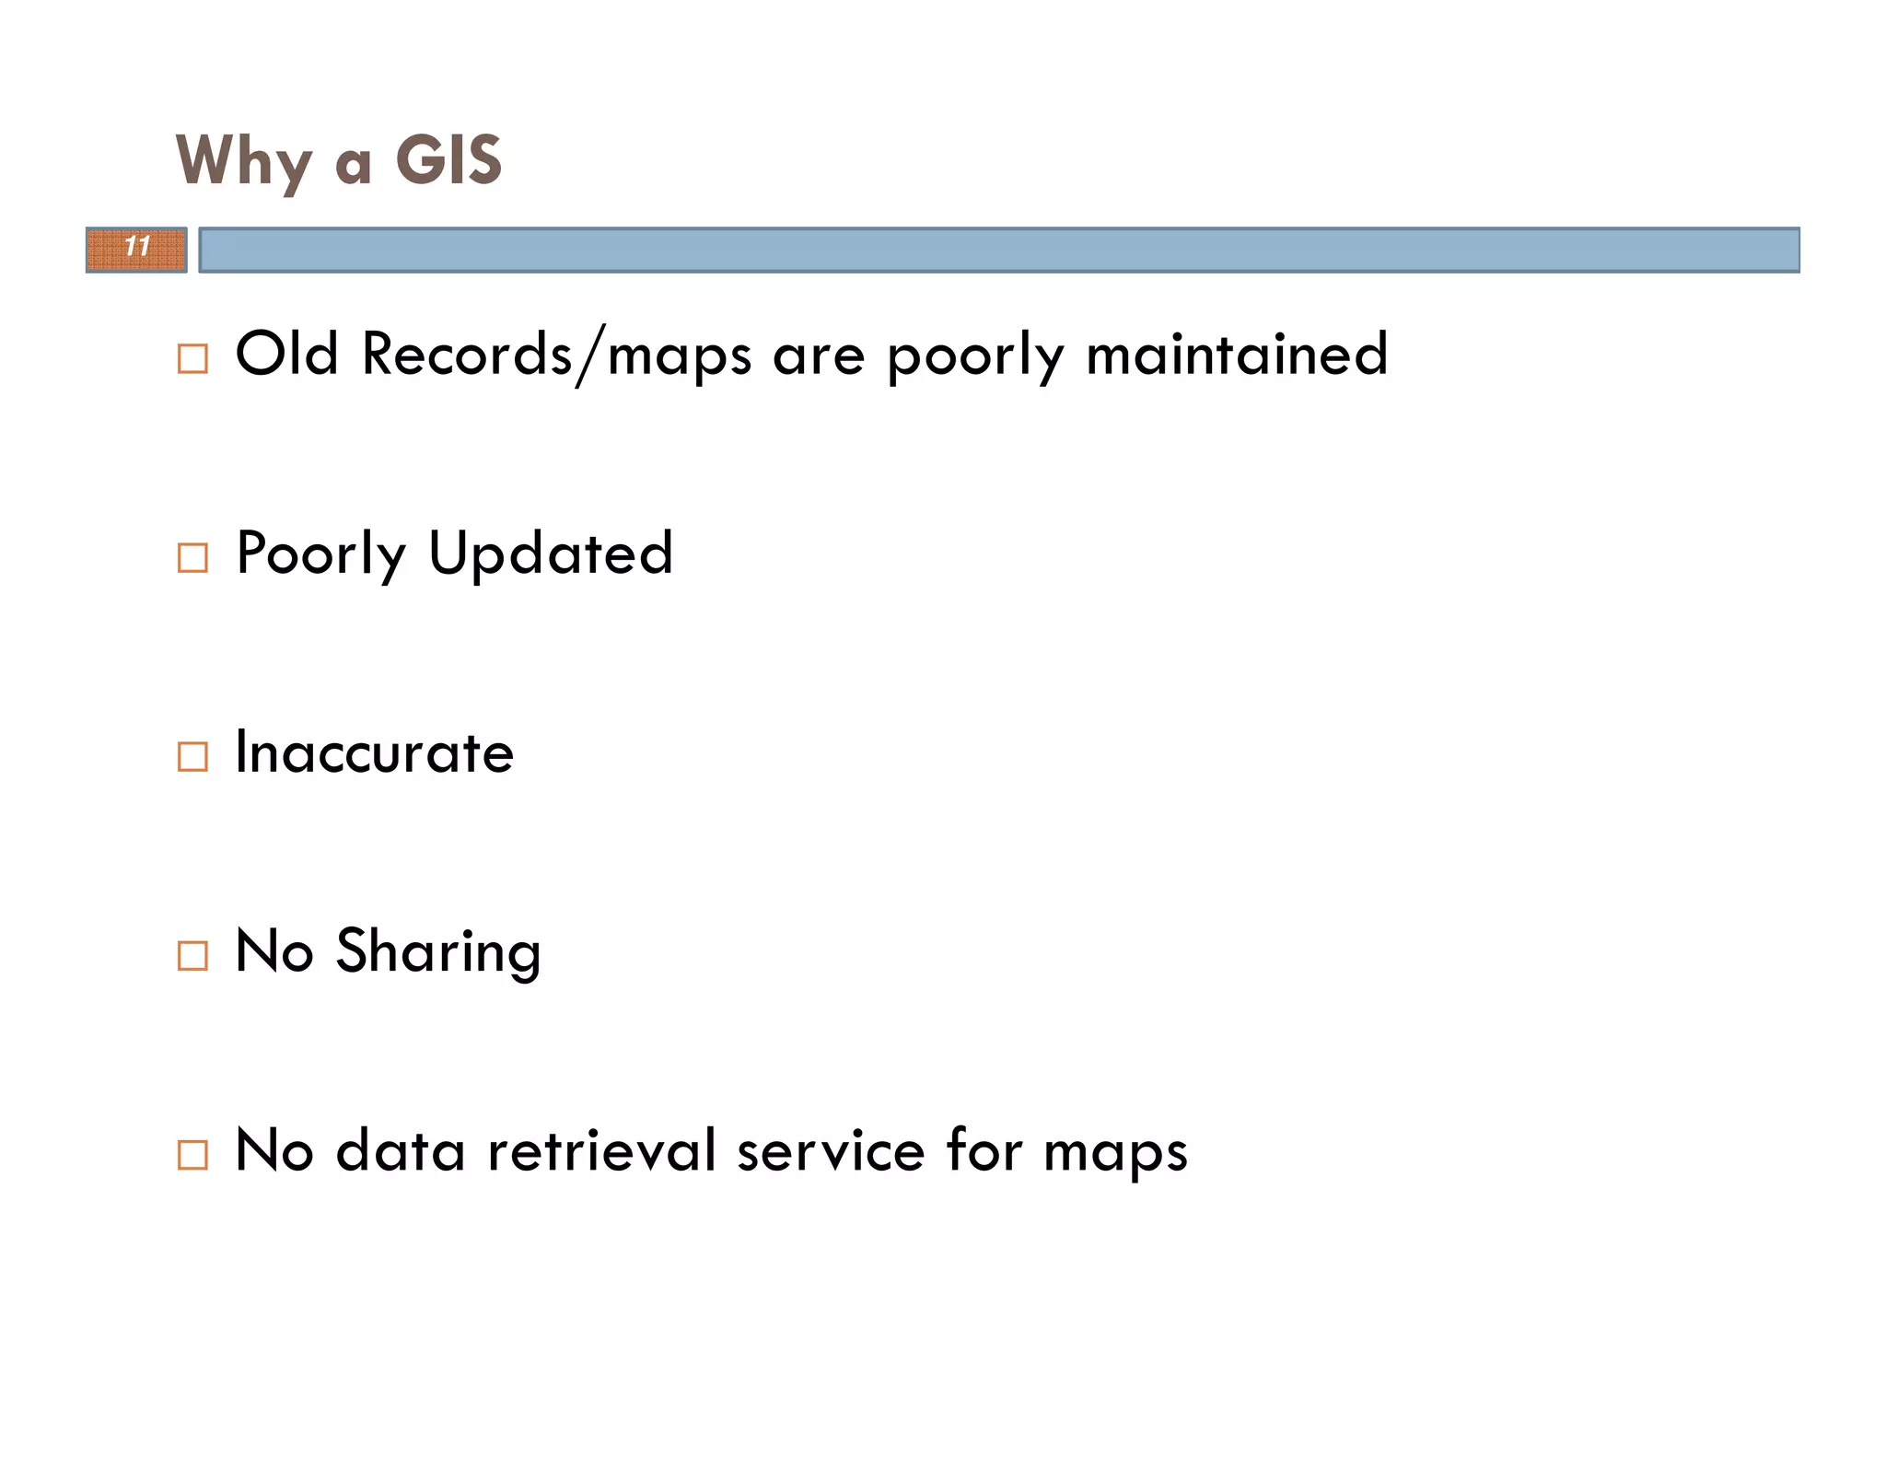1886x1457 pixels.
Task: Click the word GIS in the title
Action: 448,159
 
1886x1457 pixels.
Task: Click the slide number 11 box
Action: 136,249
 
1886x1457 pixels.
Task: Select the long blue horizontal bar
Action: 999,250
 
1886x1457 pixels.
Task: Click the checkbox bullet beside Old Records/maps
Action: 192,358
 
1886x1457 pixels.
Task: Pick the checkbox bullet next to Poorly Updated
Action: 192,557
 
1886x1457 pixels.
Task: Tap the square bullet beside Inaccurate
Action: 192,756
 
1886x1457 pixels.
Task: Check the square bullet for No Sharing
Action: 192,955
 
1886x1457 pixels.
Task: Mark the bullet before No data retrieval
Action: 192,1154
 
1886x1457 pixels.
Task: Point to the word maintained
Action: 1236,355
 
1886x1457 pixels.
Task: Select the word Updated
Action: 551,554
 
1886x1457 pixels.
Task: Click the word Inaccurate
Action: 374,752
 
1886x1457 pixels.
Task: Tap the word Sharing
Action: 438,952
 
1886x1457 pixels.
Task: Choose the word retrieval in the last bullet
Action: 601,1150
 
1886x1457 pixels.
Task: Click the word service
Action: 831,1151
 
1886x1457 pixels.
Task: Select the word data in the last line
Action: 401,1150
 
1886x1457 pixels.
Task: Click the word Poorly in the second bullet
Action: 320,554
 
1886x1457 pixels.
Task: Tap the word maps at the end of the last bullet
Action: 1115,1153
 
